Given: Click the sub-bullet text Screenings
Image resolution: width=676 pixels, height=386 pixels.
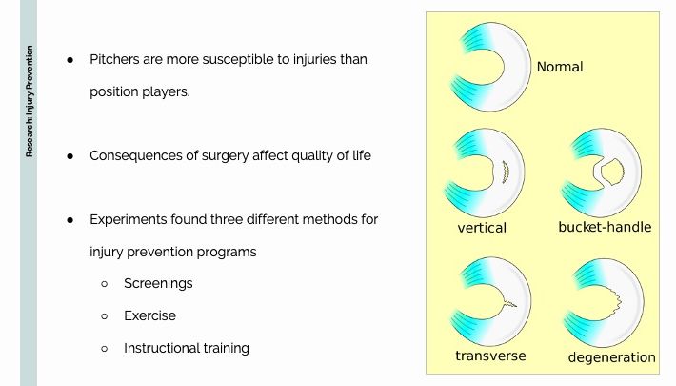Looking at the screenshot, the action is tap(158, 284).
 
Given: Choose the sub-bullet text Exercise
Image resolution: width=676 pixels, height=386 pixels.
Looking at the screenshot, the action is tap(149, 315).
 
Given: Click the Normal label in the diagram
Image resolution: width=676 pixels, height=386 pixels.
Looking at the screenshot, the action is tap(560, 67).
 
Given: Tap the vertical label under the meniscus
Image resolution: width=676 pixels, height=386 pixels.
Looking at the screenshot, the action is tap(482, 228).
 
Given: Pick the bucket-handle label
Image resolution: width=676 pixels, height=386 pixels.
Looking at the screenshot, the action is tap(605, 227).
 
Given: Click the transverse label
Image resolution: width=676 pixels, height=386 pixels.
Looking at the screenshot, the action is tap(490, 356).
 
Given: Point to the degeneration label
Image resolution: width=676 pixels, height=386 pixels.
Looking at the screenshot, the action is tap(612, 357).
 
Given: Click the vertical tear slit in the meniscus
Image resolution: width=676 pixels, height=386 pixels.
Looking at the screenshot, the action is tap(507, 172).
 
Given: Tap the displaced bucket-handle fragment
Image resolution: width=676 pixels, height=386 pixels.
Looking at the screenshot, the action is tap(612, 172).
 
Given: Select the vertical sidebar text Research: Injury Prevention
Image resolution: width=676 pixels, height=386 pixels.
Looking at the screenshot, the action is tap(29, 101).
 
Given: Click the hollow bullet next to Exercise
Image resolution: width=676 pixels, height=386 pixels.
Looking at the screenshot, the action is tap(105, 316).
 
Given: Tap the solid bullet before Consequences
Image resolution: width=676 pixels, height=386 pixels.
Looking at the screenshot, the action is tap(70, 156).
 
